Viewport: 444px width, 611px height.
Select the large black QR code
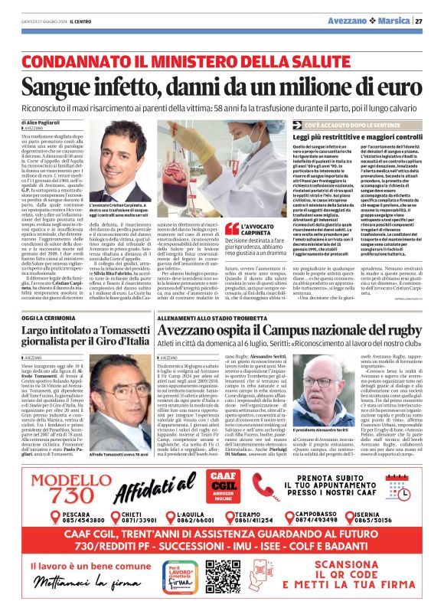tap(224, 574)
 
